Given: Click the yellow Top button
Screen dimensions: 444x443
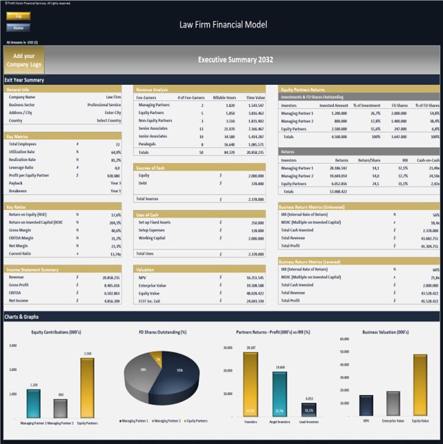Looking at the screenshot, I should pyautogui.click(x=18, y=15).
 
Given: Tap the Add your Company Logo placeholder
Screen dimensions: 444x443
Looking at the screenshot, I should pyautogui.click(x=23, y=59).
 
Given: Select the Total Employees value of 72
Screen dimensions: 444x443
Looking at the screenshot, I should pyautogui.click(x=118, y=144).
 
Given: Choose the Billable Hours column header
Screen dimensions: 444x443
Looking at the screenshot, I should pyautogui.click(x=225, y=97).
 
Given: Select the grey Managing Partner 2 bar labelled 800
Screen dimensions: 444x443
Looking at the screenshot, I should pyautogui.click(x=60, y=409).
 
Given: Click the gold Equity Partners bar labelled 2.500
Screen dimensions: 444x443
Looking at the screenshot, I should pyautogui.click(x=87, y=387).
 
